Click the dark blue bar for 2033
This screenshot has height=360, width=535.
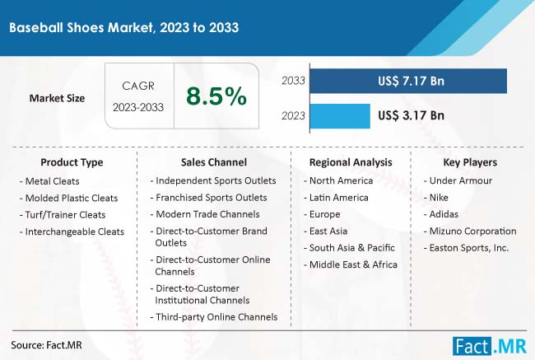tap(408, 81)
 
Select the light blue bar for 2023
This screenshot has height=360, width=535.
tap(340, 116)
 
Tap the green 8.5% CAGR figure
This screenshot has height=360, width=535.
tap(216, 96)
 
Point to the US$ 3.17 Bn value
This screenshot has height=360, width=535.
tap(412, 115)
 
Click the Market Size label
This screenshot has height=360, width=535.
tap(57, 98)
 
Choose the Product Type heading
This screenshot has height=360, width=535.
tap(72, 162)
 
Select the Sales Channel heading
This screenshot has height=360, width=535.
tap(214, 162)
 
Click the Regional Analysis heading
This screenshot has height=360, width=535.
tap(351, 162)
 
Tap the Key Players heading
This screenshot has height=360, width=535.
tap(470, 162)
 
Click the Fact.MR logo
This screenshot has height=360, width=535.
tap(490, 346)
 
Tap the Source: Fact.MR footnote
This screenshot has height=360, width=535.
tap(46, 345)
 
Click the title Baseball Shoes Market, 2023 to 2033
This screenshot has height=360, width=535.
tap(123, 27)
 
